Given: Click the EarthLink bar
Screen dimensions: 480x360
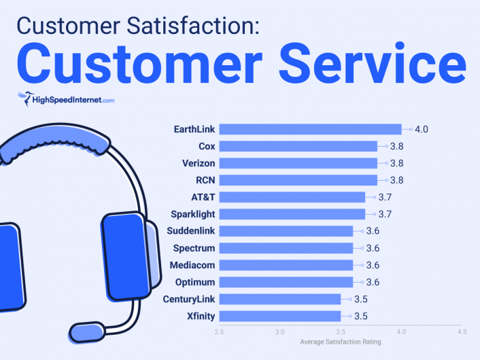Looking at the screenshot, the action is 311,129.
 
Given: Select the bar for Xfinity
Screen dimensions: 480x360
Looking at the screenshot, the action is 280,316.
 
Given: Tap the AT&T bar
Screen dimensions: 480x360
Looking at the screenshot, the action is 292,197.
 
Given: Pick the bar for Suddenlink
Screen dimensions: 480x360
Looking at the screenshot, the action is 286,231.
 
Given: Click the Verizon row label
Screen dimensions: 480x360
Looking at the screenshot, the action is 199,163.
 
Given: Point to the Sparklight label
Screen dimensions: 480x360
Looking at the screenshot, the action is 193,214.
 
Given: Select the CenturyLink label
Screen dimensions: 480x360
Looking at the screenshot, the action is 188,299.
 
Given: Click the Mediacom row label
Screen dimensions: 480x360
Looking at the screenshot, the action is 192,265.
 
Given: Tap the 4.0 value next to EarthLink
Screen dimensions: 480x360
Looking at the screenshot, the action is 422,129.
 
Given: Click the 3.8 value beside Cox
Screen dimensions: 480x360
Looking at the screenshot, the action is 397,146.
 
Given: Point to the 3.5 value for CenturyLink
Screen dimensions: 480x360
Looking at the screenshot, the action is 360,299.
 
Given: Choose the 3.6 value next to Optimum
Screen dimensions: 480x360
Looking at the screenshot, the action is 373,282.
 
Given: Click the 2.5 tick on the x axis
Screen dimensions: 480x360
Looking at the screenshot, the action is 219,332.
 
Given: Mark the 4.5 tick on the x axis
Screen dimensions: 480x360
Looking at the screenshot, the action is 462,332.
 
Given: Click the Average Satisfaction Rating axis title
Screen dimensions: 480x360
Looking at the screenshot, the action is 341,342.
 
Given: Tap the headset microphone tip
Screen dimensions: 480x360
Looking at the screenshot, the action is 87,332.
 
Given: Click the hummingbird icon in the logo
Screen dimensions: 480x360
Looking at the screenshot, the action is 25,98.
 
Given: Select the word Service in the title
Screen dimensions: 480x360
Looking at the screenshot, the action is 373,62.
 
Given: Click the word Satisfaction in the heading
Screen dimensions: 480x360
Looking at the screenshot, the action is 190,25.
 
